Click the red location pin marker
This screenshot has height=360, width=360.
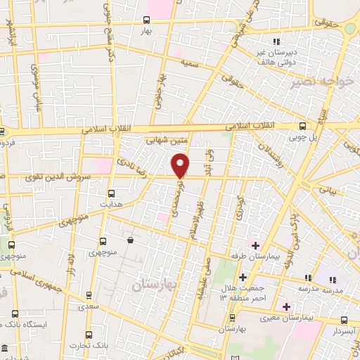(x=181, y=165)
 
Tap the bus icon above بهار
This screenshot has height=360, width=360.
(x=146, y=20)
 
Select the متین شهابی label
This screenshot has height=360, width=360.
(x=166, y=141)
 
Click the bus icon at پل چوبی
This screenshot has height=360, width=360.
(x=302, y=127)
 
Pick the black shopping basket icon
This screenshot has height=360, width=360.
(x=130, y=240)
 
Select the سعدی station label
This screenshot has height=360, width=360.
(x=88, y=307)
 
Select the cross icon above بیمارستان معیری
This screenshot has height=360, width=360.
(x=286, y=307)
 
